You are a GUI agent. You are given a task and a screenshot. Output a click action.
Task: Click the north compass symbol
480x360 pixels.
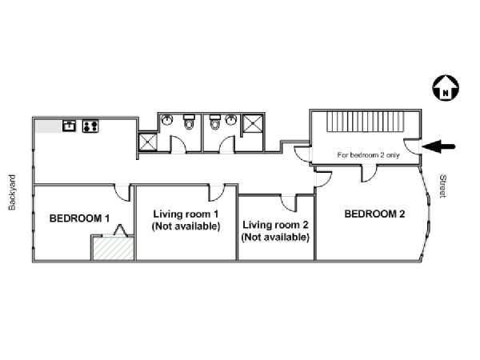(x=446, y=88)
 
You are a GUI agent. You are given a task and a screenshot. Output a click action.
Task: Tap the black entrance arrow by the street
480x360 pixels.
(x=439, y=146)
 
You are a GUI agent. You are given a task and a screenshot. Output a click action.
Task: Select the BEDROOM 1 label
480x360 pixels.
(x=79, y=218)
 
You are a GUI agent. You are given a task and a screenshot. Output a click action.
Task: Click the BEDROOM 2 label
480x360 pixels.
(x=374, y=214)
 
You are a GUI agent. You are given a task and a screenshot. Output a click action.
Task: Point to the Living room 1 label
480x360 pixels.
(x=186, y=220)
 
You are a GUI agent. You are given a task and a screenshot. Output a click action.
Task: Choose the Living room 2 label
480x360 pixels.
(x=275, y=231)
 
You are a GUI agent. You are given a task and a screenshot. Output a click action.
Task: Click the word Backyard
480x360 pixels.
(x=12, y=192)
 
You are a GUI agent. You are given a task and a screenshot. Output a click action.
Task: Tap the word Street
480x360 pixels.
(x=443, y=186)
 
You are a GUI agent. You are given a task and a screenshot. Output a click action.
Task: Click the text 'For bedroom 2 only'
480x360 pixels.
(x=368, y=155)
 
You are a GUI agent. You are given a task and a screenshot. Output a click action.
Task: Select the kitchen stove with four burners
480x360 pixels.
(x=90, y=126)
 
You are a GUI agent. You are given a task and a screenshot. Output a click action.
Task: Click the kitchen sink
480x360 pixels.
(x=69, y=126)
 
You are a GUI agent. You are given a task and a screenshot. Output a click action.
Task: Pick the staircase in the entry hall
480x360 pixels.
(x=366, y=122)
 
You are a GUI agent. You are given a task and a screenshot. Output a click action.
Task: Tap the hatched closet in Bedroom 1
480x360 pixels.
(x=114, y=248)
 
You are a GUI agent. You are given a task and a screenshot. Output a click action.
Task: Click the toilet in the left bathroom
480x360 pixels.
(x=189, y=122)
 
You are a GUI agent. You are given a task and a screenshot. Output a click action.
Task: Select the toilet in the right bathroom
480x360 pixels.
(x=215, y=122)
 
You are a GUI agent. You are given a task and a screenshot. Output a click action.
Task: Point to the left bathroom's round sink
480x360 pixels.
(x=167, y=120)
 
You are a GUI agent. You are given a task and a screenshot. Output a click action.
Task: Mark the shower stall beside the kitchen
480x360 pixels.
(x=148, y=142)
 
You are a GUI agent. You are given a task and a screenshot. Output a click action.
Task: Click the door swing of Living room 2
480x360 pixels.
(x=288, y=203)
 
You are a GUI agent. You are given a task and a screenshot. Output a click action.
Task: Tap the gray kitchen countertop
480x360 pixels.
(x=48, y=126)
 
